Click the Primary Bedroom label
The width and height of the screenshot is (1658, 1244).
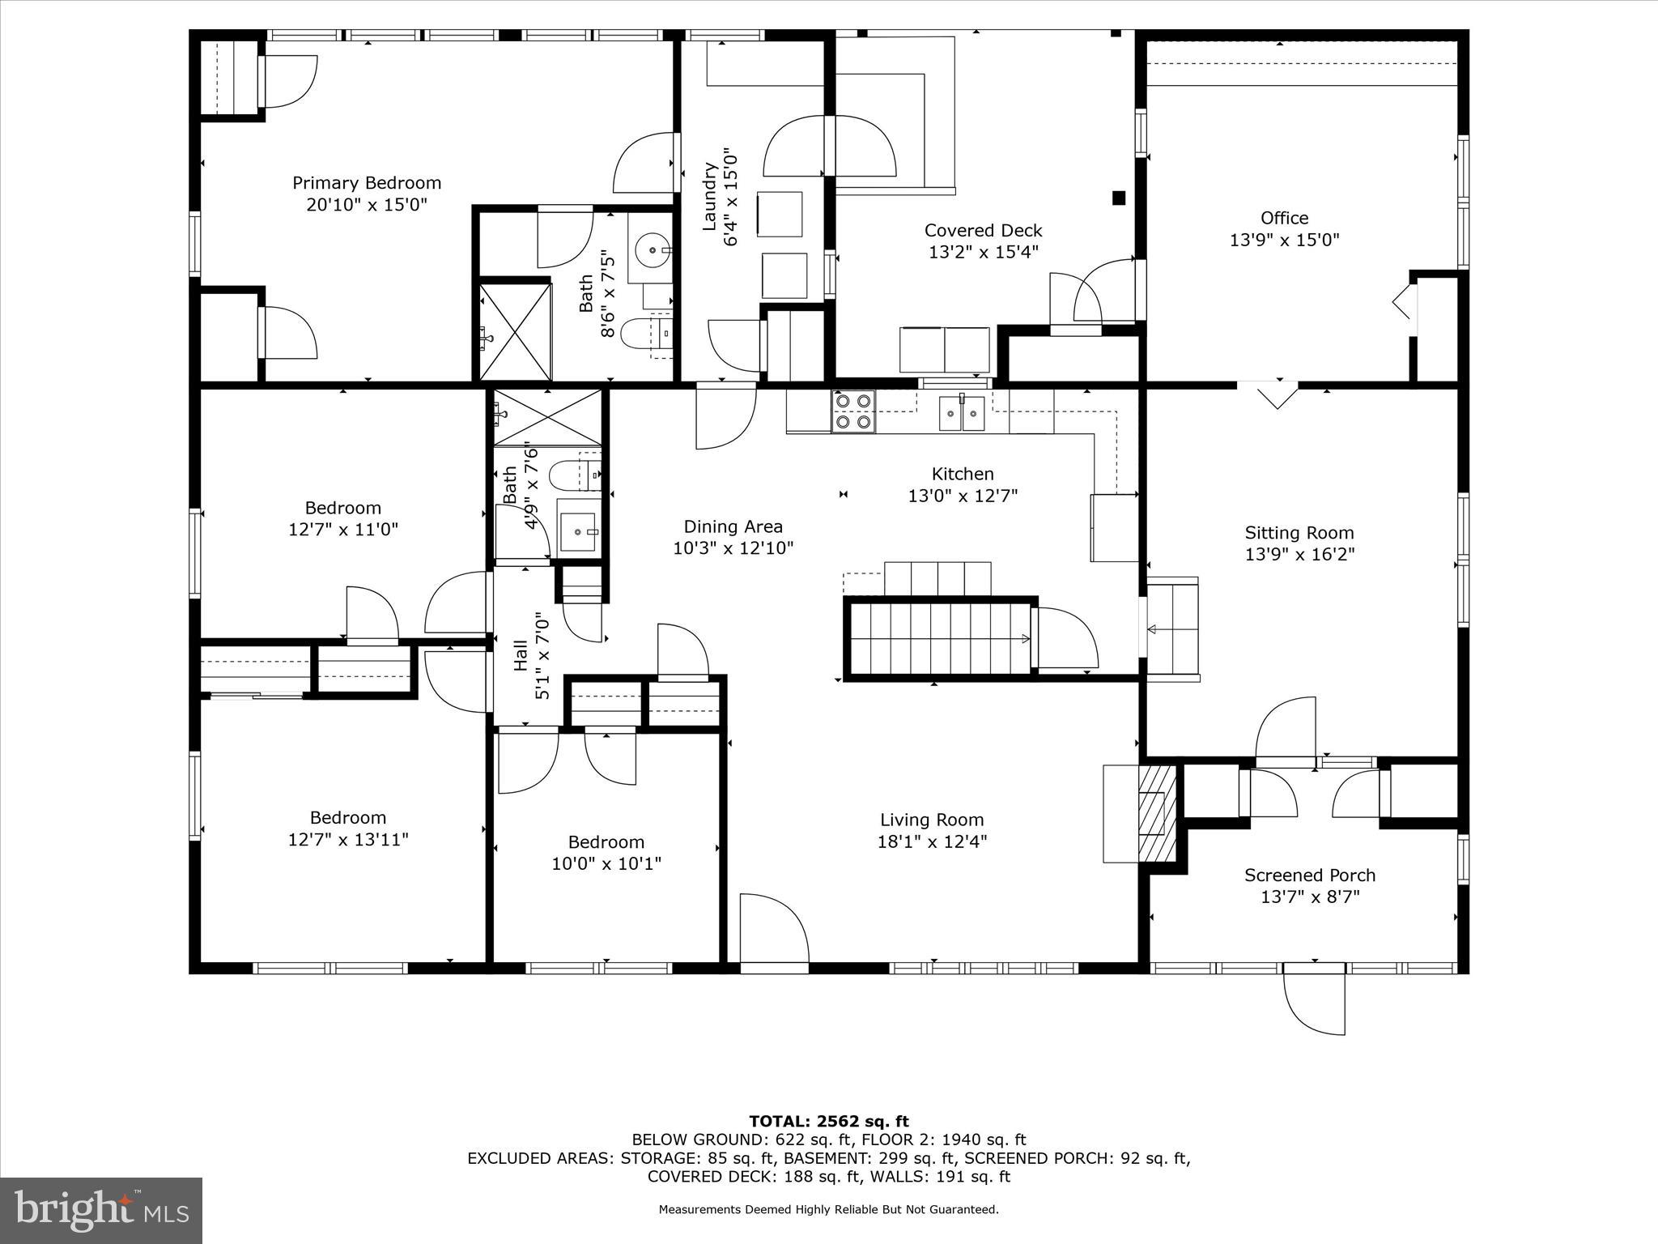366,183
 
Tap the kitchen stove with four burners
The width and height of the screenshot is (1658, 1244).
853,411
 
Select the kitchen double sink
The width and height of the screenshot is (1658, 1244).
962,414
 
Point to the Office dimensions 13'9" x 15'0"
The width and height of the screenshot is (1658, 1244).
1284,240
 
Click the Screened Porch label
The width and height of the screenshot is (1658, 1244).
1309,875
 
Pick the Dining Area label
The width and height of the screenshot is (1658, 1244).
733,526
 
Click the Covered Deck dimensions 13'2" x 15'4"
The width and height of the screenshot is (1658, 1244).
983,252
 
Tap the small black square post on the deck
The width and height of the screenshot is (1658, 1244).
1119,197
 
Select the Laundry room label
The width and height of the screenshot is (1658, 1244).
709,197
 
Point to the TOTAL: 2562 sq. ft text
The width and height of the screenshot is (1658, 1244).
828,1121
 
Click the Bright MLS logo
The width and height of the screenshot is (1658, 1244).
101,1210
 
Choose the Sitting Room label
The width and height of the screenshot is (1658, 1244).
1299,533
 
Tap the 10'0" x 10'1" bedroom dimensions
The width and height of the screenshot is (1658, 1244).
606,863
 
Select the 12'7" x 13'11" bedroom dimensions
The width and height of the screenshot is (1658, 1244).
347,839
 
